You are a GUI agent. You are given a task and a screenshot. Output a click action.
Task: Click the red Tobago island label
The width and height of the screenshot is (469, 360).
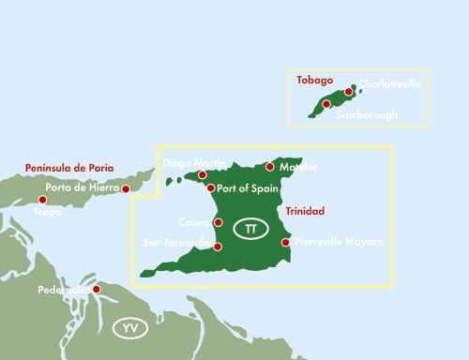[315, 80]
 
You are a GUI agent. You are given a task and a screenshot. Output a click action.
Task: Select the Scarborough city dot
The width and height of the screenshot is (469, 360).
[326, 104]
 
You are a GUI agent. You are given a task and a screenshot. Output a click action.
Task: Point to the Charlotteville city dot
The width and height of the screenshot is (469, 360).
[349, 92]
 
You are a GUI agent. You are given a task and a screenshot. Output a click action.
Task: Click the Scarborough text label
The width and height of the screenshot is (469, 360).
[367, 114]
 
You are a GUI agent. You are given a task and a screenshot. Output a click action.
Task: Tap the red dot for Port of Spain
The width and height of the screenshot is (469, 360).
[209, 188]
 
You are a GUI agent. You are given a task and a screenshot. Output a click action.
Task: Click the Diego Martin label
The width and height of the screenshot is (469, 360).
[190, 162]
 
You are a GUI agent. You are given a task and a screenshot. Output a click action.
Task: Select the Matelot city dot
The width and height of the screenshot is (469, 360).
[270, 167]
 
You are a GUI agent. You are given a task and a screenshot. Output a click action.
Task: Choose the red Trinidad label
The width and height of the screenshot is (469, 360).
[305, 211]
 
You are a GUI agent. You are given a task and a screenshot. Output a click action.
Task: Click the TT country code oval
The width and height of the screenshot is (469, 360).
[250, 229]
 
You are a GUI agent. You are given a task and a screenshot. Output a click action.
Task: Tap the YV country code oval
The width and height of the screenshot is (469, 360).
[129, 328]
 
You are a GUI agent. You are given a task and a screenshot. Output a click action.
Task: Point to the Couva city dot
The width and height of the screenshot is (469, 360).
[218, 223]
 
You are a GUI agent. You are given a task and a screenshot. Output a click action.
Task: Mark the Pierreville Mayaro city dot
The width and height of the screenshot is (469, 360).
[285, 243]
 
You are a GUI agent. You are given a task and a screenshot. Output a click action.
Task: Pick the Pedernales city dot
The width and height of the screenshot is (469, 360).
[96, 290]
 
